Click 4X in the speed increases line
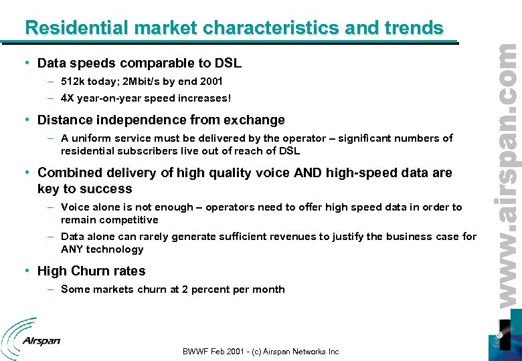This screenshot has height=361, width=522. point(68,98)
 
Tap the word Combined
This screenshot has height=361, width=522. point(70,173)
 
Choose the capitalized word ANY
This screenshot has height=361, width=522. point(72,249)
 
